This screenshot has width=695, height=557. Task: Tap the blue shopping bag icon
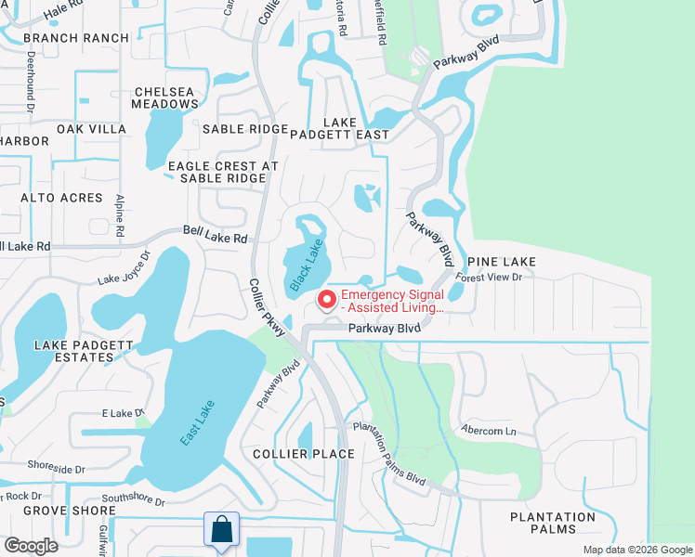pyautogui.click(x=222, y=529)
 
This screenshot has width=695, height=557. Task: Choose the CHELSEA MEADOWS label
pyautogui.click(x=166, y=97)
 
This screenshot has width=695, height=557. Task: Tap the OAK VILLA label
pyautogui.click(x=91, y=129)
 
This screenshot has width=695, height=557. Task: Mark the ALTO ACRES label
pyautogui.click(x=56, y=198)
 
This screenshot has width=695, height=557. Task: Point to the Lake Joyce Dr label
pyautogui.click(x=125, y=269)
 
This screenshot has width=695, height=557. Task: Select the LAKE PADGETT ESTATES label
pyautogui.click(x=85, y=352)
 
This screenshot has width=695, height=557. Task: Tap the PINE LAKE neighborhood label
pyautogui.click(x=502, y=262)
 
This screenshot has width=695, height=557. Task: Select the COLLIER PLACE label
pyautogui.click(x=304, y=454)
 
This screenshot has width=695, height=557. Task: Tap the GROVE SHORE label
pyautogui.click(x=57, y=511)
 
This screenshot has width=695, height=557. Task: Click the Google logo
pyautogui.click(x=30, y=546)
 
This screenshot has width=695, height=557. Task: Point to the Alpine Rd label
pyautogui.click(x=120, y=215)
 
